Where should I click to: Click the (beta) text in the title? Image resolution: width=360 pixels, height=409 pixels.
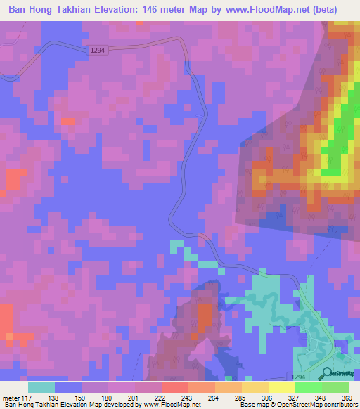coord(322,10)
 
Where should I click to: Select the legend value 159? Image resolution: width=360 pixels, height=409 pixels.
coord(82,397)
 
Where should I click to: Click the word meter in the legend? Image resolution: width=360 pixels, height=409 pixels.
coord(12,397)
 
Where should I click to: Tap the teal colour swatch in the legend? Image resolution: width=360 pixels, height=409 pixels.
coord(41,387)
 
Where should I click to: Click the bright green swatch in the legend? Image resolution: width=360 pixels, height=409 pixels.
coord(309,387)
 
